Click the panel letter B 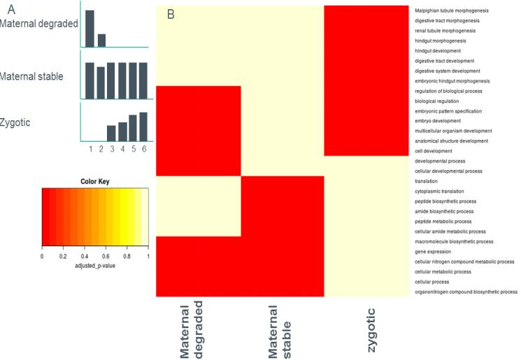[x=170, y=13]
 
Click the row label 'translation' [x=427, y=181]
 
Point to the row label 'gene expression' [x=431, y=251]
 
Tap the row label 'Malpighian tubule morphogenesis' [x=452, y=10]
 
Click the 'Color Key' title [x=95, y=181]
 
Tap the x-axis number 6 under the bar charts [x=143, y=149]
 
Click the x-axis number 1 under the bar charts [x=90, y=149]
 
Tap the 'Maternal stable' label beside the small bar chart [x=32, y=75]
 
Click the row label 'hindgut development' [x=438, y=51]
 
